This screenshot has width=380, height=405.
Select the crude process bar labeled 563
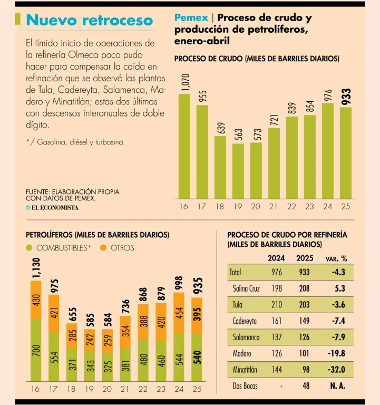(x=238, y=170)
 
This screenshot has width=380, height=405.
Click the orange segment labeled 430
(x=36, y=300)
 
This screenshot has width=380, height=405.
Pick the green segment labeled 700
(x=36, y=350)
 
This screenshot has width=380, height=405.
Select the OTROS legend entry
(x=117, y=248)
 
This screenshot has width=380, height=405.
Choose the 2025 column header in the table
(x=305, y=258)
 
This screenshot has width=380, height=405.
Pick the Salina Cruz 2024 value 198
(x=277, y=288)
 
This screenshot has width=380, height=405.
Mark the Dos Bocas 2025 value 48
(x=306, y=386)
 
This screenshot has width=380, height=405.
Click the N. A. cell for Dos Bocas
(x=337, y=386)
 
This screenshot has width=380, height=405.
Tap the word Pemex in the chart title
(x=191, y=18)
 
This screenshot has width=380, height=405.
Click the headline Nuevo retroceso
(x=89, y=21)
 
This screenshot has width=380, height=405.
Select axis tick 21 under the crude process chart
(x=274, y=207)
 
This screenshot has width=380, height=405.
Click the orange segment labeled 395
(x=197, y=315)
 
